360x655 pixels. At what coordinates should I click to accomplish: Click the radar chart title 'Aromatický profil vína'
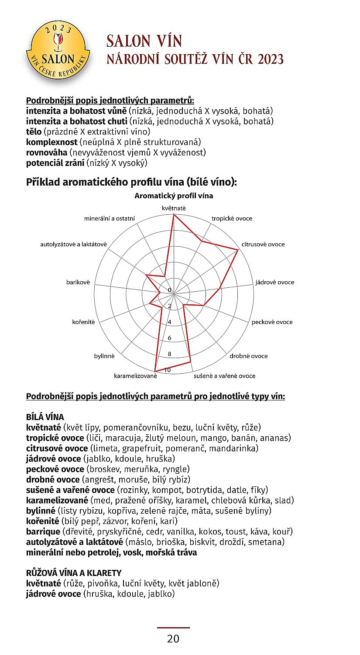[174, 196]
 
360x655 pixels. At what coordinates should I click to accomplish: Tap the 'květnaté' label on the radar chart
[174, 208]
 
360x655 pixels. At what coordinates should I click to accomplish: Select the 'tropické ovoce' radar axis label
[232, 218]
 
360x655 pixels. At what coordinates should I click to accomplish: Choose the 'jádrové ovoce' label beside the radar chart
[274, 282]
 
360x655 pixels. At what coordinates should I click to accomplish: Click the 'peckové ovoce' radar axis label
[272, 322]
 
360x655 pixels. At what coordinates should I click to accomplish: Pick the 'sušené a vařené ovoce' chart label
[224, 376]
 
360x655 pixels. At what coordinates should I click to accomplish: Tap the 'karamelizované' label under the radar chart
[135, 376]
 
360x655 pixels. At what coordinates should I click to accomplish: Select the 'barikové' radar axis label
[78, 282]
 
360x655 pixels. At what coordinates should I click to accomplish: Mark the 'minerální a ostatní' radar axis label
[110, 218]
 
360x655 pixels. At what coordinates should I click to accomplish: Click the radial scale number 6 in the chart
[170, 338]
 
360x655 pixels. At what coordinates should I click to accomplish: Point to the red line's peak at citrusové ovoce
[238, 250]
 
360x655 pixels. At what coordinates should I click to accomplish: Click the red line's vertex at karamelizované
[156, 371]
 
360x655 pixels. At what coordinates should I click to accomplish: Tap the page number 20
[173, 639]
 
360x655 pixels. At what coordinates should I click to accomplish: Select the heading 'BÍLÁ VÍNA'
[45, 417]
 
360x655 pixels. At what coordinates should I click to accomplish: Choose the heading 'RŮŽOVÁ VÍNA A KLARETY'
[74, 572]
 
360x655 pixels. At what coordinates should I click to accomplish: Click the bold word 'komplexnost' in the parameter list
[51, 142]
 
